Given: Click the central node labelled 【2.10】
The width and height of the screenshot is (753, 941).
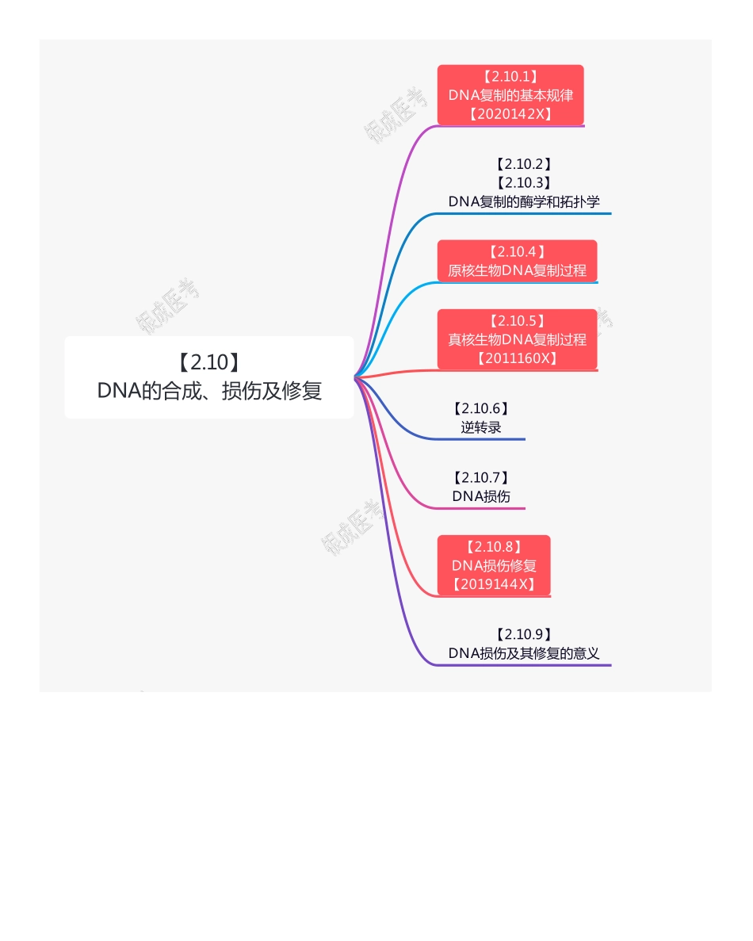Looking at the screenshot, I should pyautogui.click(x=209, y=363).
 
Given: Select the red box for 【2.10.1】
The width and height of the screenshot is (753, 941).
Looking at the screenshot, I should pyautogui.click(x=510, y=95).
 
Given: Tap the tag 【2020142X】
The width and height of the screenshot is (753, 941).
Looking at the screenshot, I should pyautogui.click(x=510, y=113).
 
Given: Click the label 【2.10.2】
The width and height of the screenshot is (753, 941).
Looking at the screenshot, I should pyautogui.click(x=523, y=164).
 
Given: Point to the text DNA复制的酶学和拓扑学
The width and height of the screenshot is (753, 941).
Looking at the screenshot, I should pyautogui.click(x=523, y=201).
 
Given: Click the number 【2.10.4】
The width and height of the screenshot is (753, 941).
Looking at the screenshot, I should pyautogui.click(x=517, y=252).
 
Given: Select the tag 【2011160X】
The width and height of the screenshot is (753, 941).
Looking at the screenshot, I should pyautogui.click(x=517, y=358).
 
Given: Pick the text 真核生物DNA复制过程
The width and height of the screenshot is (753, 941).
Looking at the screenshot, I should pyautogui.click(x=517, y=339).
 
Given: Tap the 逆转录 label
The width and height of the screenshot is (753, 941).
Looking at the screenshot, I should pyautogui.click(x=480, y=427).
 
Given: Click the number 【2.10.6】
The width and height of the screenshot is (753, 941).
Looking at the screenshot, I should pyautogui.click(x=480, y=408).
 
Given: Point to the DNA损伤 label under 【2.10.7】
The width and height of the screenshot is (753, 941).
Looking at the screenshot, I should pyautogui.click(x=481, y=496).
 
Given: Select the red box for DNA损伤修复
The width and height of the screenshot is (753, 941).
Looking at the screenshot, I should pyautogui.click(x=494, y=565).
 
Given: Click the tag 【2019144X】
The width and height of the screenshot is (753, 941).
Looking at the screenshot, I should pyautogui.click(x=494, y=584).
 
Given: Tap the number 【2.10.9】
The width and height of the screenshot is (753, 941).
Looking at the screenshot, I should pyautogui.click(x=523, y=634).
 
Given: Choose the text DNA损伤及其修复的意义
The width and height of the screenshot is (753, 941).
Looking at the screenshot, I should pyautogui.click(x=523, y=653).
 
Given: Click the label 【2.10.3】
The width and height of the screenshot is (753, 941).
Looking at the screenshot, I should pyautogui.click(x=523, y=183).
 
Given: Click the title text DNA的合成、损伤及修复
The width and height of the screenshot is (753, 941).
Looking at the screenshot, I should pyautogui.click(x=209, y=391).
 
